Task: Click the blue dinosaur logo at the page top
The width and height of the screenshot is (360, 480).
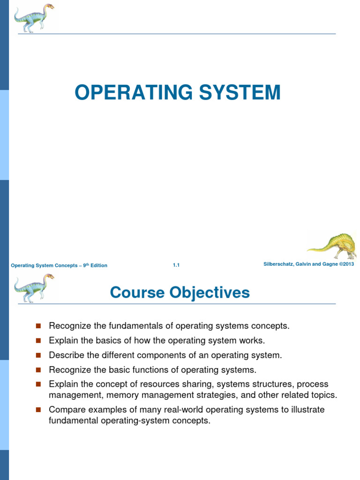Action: [34, 18]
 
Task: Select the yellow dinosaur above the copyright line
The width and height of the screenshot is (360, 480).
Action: [332, 245]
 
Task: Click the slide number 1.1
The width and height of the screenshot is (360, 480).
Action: [176, 265]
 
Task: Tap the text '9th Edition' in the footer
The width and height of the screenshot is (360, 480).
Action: [95, 265]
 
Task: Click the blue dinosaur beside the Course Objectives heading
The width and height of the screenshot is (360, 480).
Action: [34, 288]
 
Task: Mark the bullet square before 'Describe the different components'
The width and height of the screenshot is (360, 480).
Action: [38, 355]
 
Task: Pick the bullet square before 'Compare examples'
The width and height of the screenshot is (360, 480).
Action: [38, 410]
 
